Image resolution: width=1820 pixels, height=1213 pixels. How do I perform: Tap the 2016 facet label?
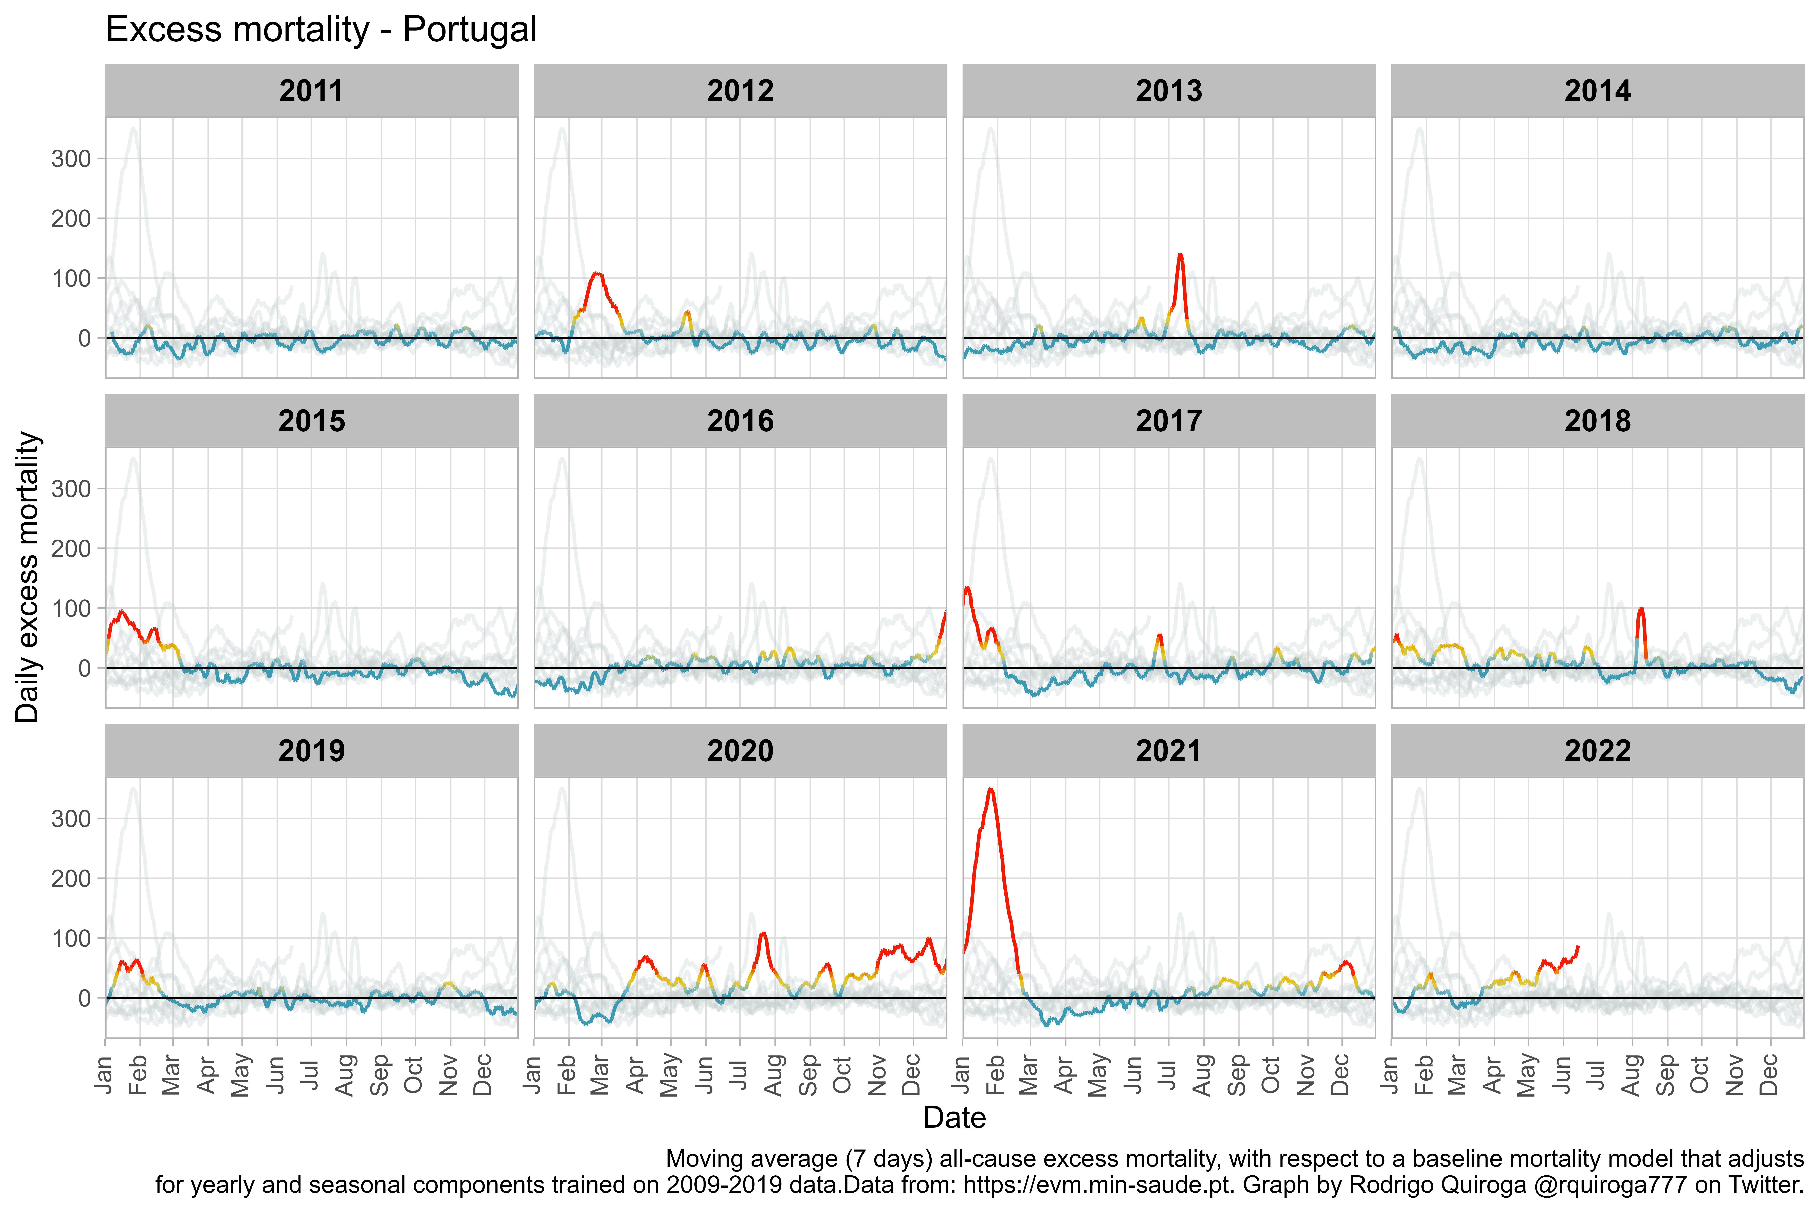[740, 421]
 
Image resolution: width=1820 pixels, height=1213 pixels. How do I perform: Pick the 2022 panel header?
[1597, 750]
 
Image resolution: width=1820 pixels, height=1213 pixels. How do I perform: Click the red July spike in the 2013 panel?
[1180, 255]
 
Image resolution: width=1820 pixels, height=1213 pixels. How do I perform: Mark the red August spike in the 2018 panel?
[1640, 610]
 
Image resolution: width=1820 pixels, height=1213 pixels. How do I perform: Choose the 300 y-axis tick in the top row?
[71, 158]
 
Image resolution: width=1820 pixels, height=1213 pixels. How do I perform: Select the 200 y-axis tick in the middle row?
[71, 548]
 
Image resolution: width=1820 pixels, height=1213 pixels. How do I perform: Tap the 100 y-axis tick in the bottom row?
[71, 938]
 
